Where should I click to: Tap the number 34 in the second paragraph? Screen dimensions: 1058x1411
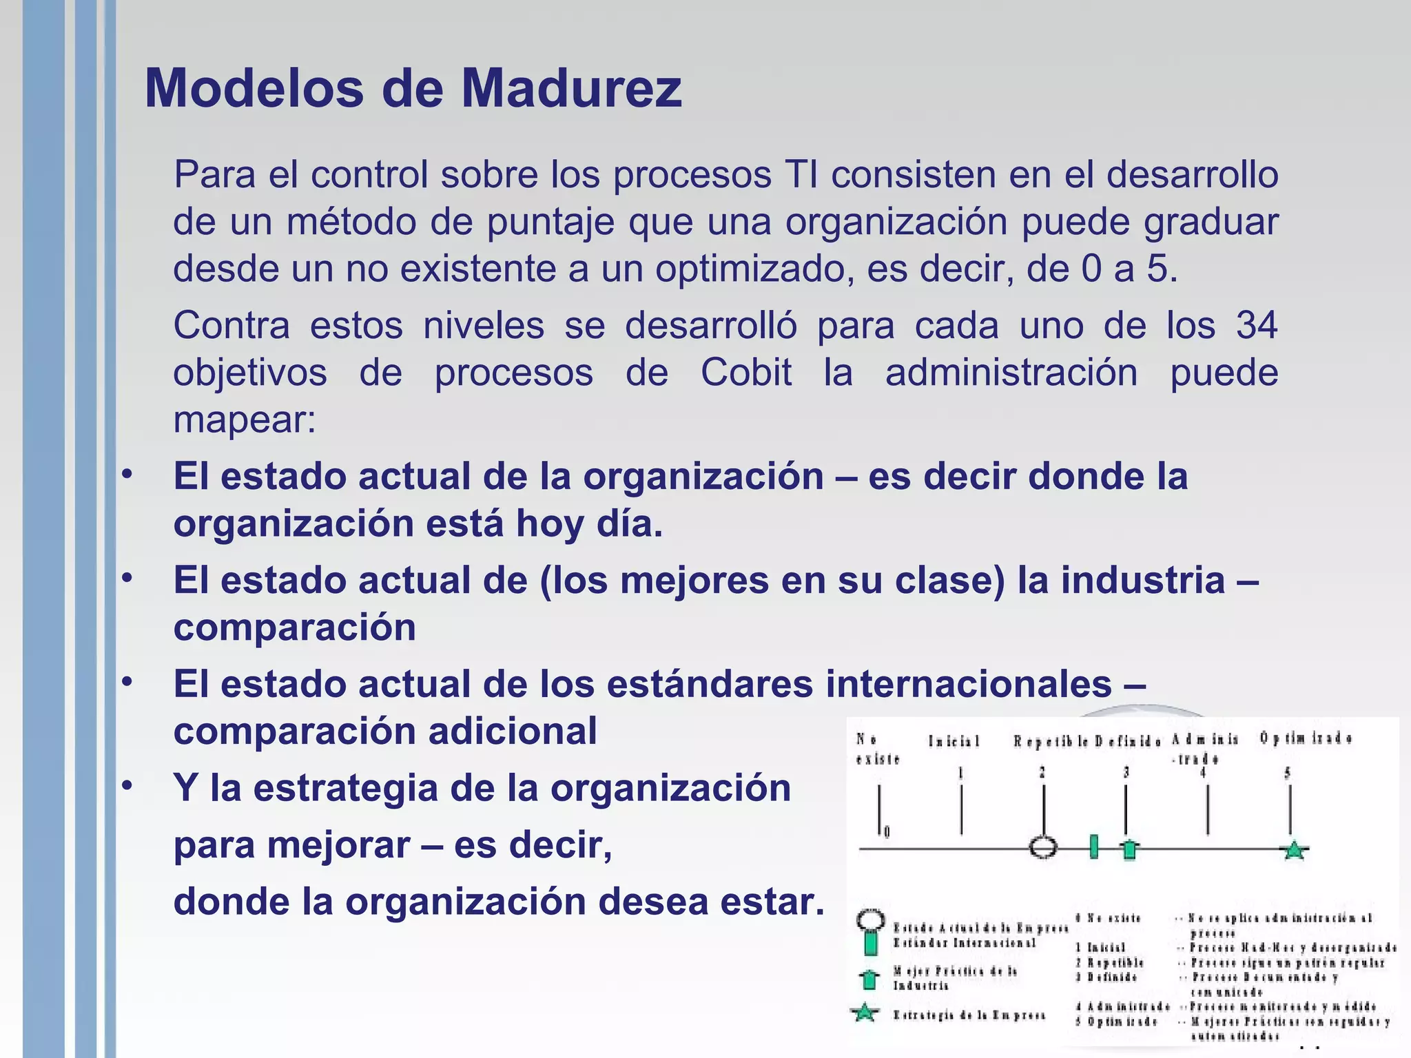(1257, 325)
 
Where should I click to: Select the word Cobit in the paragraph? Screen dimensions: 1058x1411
(746, 373)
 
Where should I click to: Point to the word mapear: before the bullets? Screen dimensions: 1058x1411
(245, 420)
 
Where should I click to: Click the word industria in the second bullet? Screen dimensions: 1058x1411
(1143, 580)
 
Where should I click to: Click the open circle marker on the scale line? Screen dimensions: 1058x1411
(1043, 847)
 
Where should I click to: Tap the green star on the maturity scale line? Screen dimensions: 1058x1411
(1294, 851)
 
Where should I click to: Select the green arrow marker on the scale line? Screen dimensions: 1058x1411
(1129, 849)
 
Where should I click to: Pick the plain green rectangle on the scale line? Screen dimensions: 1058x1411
(1093, 847)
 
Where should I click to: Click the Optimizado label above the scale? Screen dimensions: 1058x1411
(1306, 738)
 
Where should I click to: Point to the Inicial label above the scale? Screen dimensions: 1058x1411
(954, 741)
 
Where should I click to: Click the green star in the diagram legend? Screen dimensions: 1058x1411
(865, 1013)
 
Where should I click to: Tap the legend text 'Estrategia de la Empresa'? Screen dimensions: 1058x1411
(969, 1015)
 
